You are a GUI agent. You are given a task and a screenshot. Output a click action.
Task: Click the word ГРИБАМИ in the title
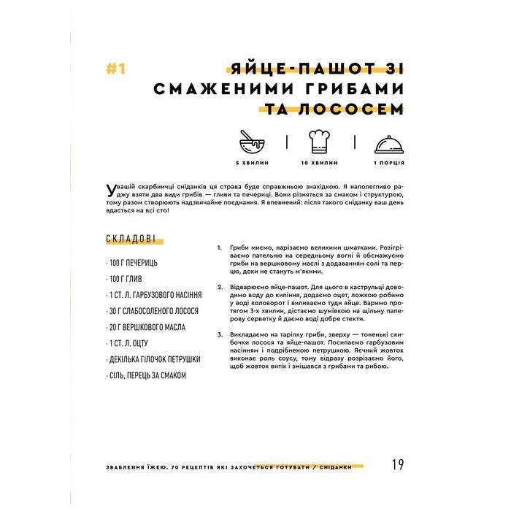point(343,89)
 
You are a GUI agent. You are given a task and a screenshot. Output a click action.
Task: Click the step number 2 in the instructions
point(220,287)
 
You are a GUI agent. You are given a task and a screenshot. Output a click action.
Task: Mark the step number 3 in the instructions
point(220,335)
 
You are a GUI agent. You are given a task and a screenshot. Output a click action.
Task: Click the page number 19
point(397,465)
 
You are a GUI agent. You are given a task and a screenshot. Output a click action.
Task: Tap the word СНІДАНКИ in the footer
point(345,467)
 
